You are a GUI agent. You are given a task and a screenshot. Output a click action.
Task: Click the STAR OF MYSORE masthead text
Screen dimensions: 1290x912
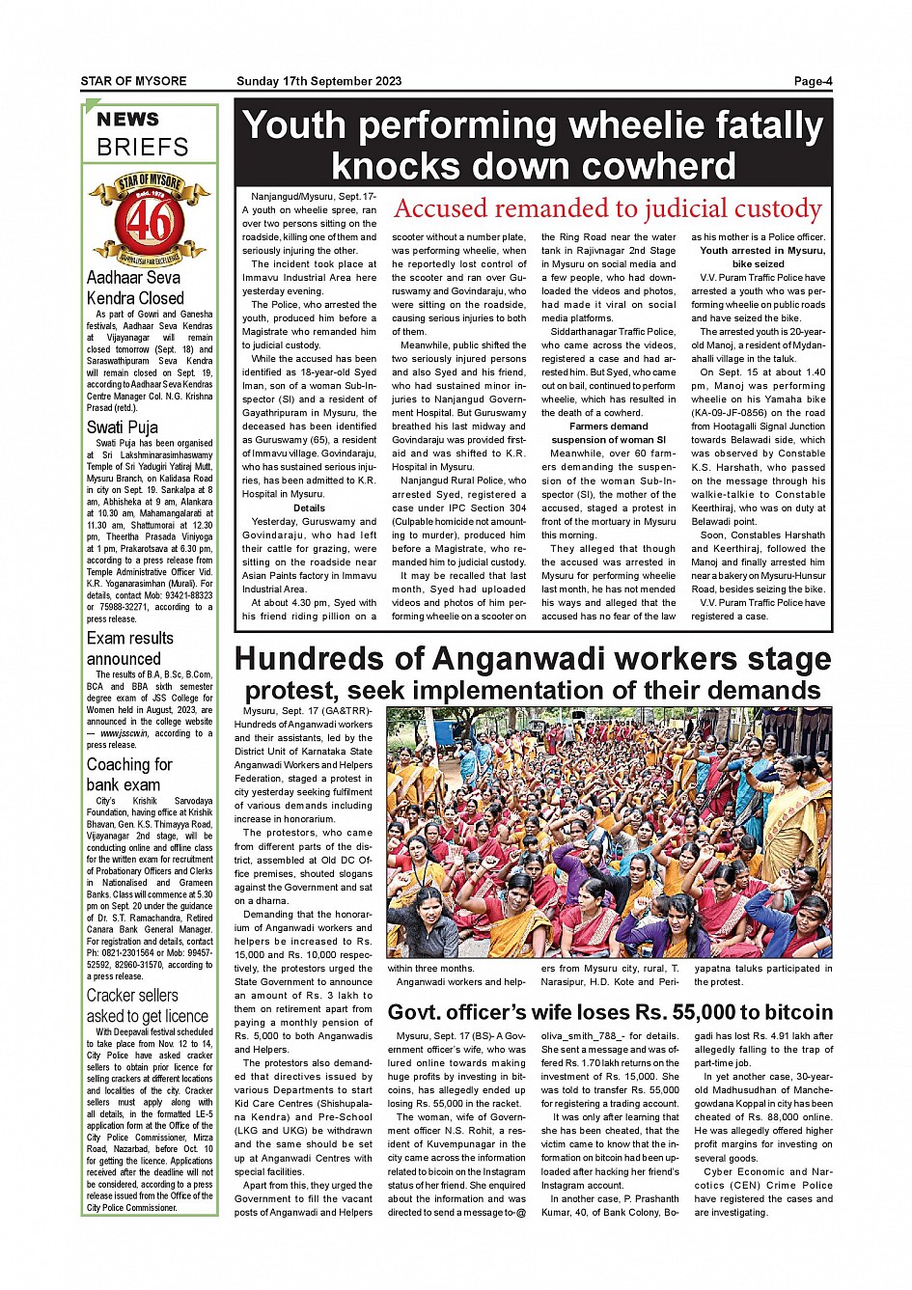tap(133, 81)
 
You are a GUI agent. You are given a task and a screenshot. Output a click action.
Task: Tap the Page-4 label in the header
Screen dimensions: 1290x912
tap(813, 81)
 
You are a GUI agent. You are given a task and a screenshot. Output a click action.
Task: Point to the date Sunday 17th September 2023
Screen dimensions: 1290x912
tap(318, 81)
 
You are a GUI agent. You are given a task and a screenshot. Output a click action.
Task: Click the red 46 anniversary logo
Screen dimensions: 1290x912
tap(150, 220)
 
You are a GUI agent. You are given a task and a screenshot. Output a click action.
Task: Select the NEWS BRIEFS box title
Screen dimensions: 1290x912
tap(143, 133)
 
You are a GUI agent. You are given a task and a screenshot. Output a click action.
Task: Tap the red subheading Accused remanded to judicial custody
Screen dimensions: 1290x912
tap(607, 208)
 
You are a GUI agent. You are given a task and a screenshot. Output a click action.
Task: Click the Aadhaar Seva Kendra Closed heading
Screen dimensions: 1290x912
tap(134, 288)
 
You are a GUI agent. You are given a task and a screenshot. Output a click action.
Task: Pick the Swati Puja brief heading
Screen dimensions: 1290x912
tap(123, 426)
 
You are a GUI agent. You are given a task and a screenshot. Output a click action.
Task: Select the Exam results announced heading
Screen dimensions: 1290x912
tap(130, 648)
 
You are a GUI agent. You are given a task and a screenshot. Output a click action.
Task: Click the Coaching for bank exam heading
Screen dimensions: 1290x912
tap(129, 775)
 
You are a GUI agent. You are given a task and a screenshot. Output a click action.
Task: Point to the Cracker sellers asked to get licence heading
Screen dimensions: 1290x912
tap(147, 1005)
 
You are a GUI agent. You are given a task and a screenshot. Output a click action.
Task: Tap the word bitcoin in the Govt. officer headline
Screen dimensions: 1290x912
tap(787, 1012)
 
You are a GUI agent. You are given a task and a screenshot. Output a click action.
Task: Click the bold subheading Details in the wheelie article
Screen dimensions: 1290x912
tap(309, 508)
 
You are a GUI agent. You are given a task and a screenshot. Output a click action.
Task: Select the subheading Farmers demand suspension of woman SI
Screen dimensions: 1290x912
tap(608, 432)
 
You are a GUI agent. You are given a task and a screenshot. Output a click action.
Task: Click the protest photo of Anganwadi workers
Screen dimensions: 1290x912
tap(608, 832)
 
